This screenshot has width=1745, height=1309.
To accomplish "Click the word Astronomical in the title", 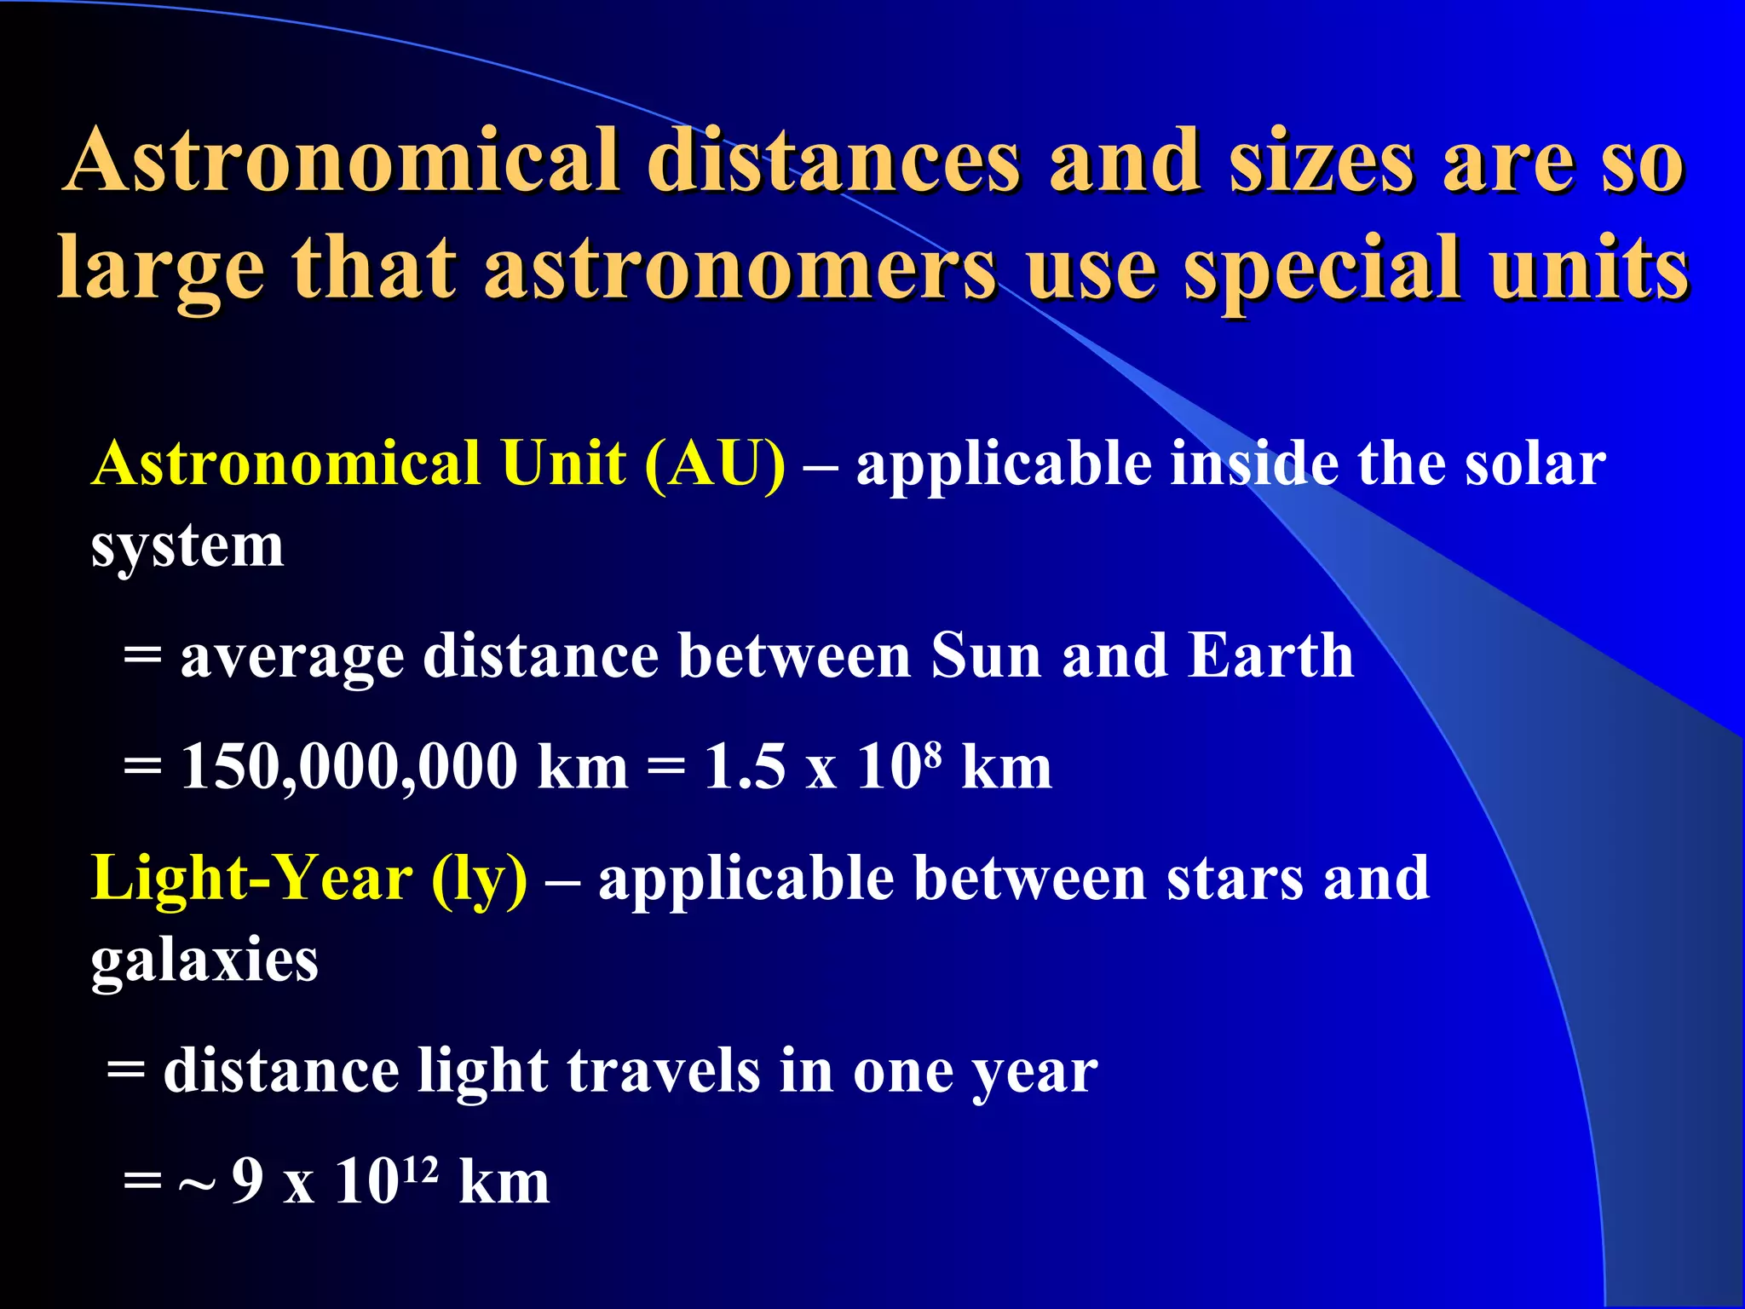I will [x=341, y=162].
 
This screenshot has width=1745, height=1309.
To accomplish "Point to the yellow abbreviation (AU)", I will [x=715, y=465].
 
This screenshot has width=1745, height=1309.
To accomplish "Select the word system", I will [x=187, y=548].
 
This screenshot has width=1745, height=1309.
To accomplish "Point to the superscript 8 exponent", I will [x=933, y=751].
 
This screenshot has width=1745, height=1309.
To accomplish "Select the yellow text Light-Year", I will [x=252, y=879].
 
